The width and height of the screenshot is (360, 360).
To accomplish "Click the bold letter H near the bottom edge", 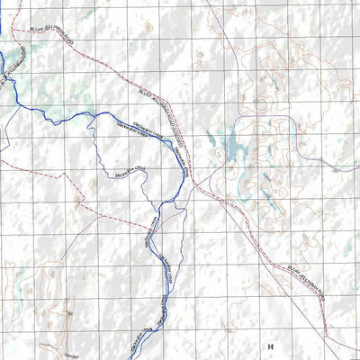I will click(x=268, y=346).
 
